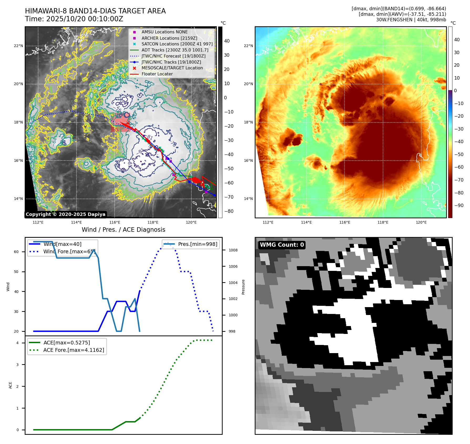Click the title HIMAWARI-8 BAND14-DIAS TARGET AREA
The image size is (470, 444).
click(x=95, y=11)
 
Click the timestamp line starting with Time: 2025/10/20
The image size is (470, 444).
click(x=74, y=19)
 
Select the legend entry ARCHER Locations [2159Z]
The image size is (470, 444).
click(x=169, y=38)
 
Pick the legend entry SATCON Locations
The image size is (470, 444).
click(x=177, y=44)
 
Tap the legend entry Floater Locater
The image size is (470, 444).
click(x=157, y=74)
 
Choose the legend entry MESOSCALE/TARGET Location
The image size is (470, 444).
click(x=172, y=68)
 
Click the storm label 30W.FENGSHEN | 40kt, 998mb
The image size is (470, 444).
click(x=411, y=20)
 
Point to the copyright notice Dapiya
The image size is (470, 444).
click(x=65, y=214)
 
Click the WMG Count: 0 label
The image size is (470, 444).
click(x=282, y=245)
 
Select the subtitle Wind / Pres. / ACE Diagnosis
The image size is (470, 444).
click(x=123, y=230)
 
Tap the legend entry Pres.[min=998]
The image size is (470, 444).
click(x=197, y=244)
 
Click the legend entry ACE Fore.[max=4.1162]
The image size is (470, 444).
click(x=74, y=350)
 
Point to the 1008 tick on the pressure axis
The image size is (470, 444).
click(x=233, y=250)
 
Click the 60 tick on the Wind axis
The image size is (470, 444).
click(x=16, y=252)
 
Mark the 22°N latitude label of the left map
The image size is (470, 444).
click(x=18, y=46)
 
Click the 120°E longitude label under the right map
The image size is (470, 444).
click(x=421, y=223)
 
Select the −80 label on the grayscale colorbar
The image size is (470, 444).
click(x=229, y=211)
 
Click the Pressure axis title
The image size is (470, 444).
click(x=243, y=287)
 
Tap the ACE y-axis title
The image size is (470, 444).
click(x=11, y=385)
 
